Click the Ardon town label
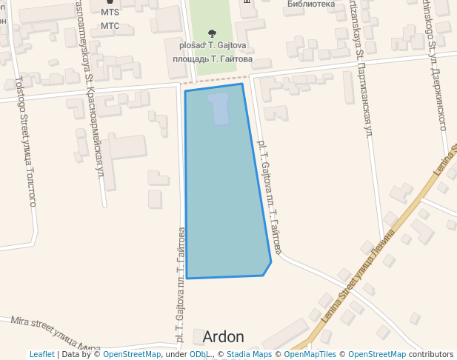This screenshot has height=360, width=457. pos(223,337)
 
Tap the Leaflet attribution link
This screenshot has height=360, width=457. pos(41,354)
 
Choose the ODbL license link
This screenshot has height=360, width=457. pos(201,354)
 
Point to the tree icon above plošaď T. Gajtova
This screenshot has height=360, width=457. pos(213,33)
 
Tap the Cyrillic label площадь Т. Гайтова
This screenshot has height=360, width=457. pos(213,58)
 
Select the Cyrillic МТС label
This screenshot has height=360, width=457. pos(110,26)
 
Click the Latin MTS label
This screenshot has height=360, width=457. pos(110,13)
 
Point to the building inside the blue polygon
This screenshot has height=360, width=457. pos(219,108)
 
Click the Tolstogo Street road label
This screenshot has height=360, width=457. pos(26,141)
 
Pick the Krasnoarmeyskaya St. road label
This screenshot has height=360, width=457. pos(90,89)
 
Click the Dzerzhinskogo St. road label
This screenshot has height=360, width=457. pos(435,63)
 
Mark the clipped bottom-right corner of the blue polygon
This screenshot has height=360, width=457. pos(267,268)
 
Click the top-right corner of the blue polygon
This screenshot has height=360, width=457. pos(242,84)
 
